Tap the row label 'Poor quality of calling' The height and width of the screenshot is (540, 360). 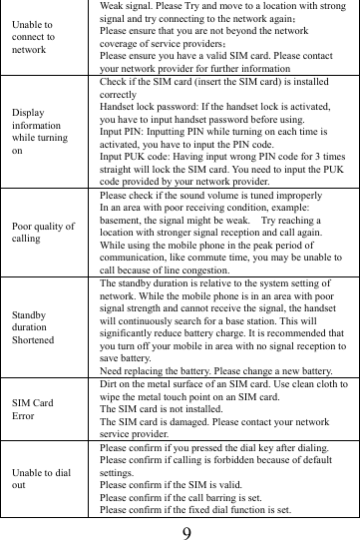42,232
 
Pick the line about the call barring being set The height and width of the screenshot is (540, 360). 178,495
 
